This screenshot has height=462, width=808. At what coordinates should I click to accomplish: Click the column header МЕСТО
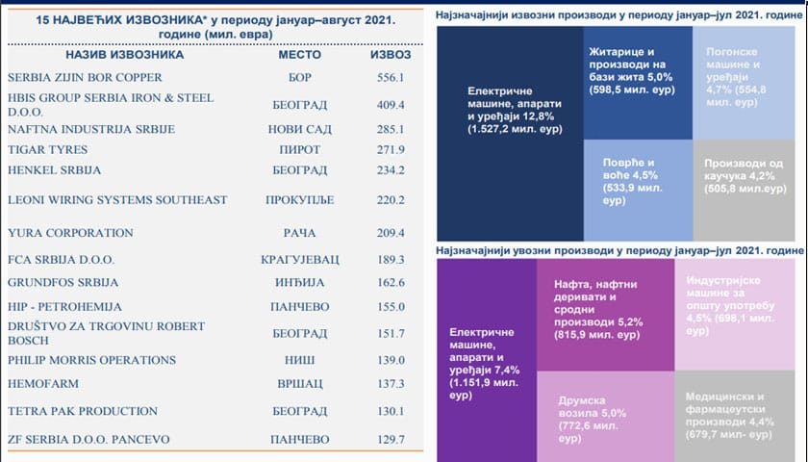pos(299,55)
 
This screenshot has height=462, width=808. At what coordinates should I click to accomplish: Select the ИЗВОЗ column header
pos(391,55)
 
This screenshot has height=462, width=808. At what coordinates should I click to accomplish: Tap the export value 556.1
pos(391,77)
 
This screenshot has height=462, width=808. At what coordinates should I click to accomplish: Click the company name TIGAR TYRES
pos(47,149)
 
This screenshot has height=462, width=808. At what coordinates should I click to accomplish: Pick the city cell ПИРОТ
pos(299,149)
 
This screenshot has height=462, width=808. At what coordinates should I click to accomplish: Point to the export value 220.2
pos(391,199)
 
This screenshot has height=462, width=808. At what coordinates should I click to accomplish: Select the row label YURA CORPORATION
pos(70,233)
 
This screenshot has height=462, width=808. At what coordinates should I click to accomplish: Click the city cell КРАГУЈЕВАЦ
pos(300,259)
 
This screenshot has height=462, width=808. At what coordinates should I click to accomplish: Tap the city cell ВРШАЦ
pos(299,384)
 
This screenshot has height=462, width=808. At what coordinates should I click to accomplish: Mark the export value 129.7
pos(391,439)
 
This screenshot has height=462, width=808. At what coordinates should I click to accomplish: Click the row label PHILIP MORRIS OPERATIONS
pos(91,360)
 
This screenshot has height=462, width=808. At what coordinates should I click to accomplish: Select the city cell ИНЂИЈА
pos(299,283)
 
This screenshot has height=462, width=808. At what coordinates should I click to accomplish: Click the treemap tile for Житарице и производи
pos(638,83)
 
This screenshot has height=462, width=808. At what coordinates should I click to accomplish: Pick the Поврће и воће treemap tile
pos(638,191)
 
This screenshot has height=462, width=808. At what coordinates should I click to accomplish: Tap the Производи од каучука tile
pos(745,191)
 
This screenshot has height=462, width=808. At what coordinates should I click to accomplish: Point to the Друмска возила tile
pos(605,416)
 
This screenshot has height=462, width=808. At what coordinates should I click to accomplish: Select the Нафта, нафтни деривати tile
pos(605,315)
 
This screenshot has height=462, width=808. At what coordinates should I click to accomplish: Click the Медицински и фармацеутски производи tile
pos(735,416)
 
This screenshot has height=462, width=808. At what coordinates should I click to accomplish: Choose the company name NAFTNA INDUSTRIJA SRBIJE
pos(91,129)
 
